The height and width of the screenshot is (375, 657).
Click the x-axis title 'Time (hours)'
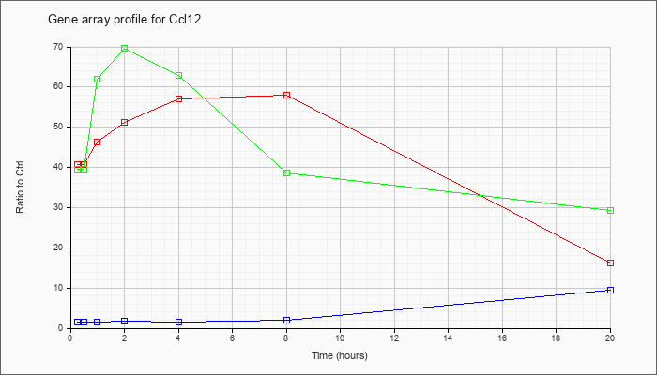click(x=340, y=355)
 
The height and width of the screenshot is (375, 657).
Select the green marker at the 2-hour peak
click(x=124, y=49)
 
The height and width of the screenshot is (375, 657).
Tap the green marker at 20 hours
click(x=610, y=210)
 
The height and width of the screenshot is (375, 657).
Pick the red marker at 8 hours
click(x=286, y=96)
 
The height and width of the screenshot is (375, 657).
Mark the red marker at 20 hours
click(x=610, y=262)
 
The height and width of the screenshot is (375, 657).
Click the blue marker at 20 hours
click(x=610, y=290)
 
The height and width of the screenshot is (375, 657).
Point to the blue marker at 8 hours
click(x=286, y=320)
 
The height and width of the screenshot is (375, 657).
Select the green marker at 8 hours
click(x=286, y=172)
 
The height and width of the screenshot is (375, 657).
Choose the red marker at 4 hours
click(x=178, y=98)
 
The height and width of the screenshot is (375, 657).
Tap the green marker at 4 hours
click(x=178, y=76)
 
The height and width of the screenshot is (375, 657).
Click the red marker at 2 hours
click(x=124, y=123)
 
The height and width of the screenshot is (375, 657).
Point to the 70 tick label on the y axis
click(x=58, y=47)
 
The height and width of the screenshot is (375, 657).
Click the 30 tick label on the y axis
click(x=58, y=207)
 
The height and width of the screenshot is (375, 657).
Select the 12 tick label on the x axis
click(x=394, y=337)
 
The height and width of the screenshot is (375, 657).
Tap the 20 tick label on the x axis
click(x=610, y=337)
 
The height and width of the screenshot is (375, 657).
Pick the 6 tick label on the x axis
click(x=232, y=337)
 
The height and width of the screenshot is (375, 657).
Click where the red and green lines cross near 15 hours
click(x=481, y=196)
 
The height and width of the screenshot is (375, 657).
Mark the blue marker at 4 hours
click(x=178, y=322)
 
